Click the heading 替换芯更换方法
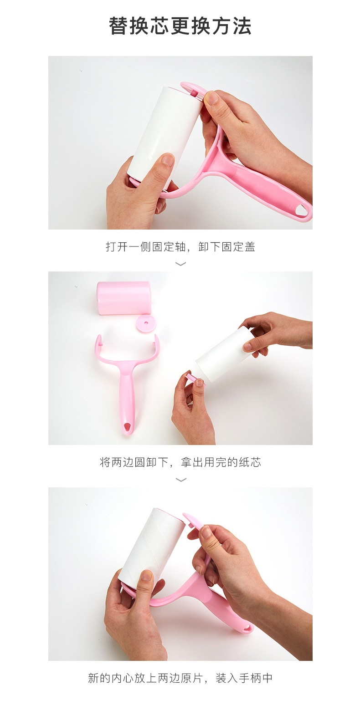point(180,26)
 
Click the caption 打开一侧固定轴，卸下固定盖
point(180,247)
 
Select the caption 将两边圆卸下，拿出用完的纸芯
point(180,462)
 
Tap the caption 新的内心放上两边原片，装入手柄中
point(180,678)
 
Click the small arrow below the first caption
point(180,264)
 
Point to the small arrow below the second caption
point(180,480)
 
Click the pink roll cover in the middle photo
point(123,298)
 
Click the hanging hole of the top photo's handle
point(301,210)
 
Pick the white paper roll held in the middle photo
point(223,355)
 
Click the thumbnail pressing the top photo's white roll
point(168,159)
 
